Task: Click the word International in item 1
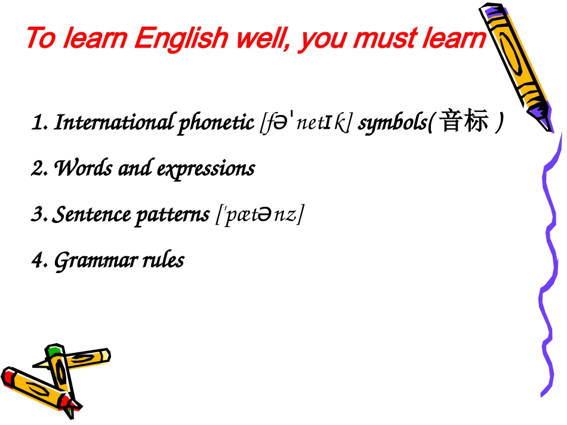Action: (113, 123)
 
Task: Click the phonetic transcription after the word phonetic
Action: (306, 124)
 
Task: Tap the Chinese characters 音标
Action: (460, 123)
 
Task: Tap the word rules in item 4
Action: (162, 260)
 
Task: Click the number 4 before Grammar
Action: (38, 260)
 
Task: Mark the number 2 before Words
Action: (38, 169)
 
